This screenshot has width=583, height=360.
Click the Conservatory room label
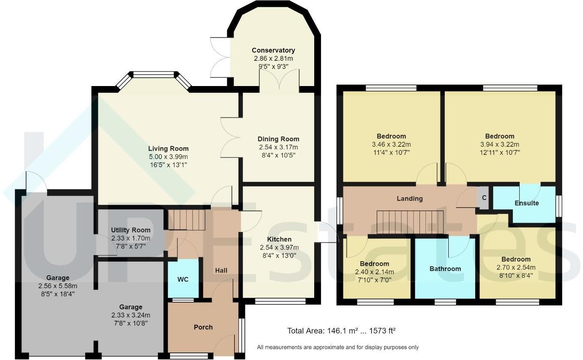(x=273, y=51)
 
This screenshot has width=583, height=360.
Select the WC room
(x=183, y=279)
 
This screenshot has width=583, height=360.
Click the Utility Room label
(x=131, y=230)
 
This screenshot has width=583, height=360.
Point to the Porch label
(x=203, y=327)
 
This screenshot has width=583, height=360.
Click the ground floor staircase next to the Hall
(x=187, y=220)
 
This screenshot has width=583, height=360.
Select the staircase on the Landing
(x=410, y=223)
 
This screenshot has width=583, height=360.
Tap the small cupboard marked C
(x=484, y=198)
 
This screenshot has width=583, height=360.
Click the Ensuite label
(x=526, y=203)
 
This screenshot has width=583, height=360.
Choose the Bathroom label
(x=445, y=269)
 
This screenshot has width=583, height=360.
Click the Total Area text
(x=341, y=331)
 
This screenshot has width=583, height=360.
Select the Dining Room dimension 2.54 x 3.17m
(x=278, y=147)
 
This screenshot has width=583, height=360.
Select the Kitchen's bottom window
(x=280, y=301)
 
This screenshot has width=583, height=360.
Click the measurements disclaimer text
(x=338, y=347)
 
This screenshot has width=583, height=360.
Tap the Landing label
(x=410, y=199)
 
